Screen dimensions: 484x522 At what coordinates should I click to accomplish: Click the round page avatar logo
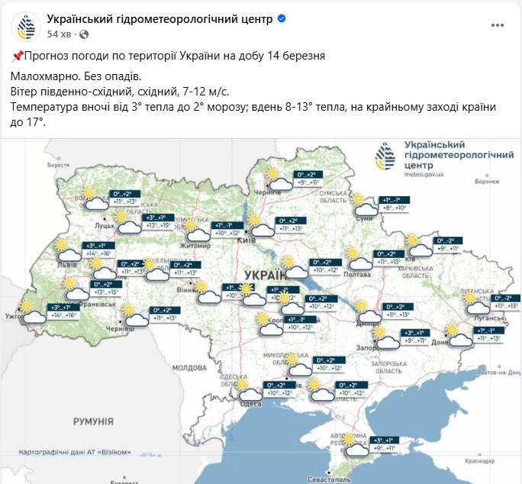27,26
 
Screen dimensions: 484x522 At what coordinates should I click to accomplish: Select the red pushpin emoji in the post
18,56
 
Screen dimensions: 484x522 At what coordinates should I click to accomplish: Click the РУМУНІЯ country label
93,421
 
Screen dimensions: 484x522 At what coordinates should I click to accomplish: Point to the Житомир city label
195,246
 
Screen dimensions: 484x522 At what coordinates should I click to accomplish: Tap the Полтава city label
357,273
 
